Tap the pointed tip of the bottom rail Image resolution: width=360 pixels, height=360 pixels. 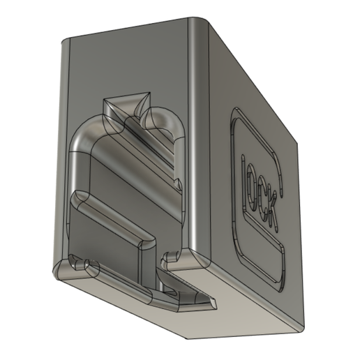pos(212,303)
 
